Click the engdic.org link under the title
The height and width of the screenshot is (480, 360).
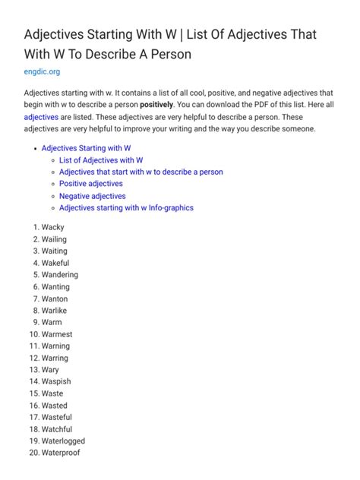(x=42, y=72)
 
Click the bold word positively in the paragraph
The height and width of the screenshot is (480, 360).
(x=156, y=104)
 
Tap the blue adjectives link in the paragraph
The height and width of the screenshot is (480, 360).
(x=41, y=116)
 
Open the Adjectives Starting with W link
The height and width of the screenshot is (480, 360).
(x=87, y=148)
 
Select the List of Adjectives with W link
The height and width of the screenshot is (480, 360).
(x=101, y=160)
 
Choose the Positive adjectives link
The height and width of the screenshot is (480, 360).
(x=91, y=184)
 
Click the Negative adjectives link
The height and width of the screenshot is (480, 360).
(x=93, y=196)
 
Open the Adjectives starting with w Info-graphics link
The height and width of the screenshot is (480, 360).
(x=126, y=207)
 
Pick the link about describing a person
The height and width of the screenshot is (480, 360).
(x=141, y=172)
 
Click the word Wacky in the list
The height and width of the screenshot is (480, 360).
(x=53, y=227)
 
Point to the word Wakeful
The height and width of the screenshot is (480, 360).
(x=55, y=263)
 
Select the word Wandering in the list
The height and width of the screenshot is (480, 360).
(x=60, y=275)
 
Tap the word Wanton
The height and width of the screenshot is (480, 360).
(x=55, y=298)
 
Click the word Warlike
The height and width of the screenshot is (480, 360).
(x=55, y=311)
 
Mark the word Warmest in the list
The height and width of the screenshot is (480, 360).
(x=57, y=334)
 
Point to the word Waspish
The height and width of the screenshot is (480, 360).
(x=57, y=381)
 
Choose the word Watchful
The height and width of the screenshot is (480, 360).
(x=57, y=429)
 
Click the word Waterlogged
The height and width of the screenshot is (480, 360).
(x=63, y=441)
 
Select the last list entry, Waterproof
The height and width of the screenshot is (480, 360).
(x=61, y=453)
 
